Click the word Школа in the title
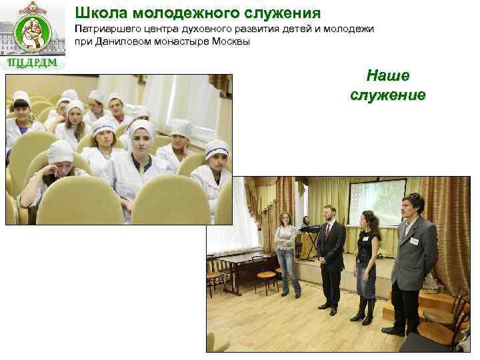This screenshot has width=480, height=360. (x=99, y=13)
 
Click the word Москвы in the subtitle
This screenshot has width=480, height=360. (x=229, y=42)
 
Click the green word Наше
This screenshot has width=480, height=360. (x=387, y=75)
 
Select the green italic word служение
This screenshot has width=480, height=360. (x=387, y=95)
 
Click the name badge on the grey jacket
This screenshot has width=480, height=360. (x=414, y=241)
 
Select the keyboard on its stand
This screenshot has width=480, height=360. (x=309, y=230)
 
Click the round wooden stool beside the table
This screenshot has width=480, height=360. (x=266, y=275)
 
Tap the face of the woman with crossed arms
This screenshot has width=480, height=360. (x=285, y=219)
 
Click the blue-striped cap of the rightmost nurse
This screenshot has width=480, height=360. (x=217, y=147)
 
